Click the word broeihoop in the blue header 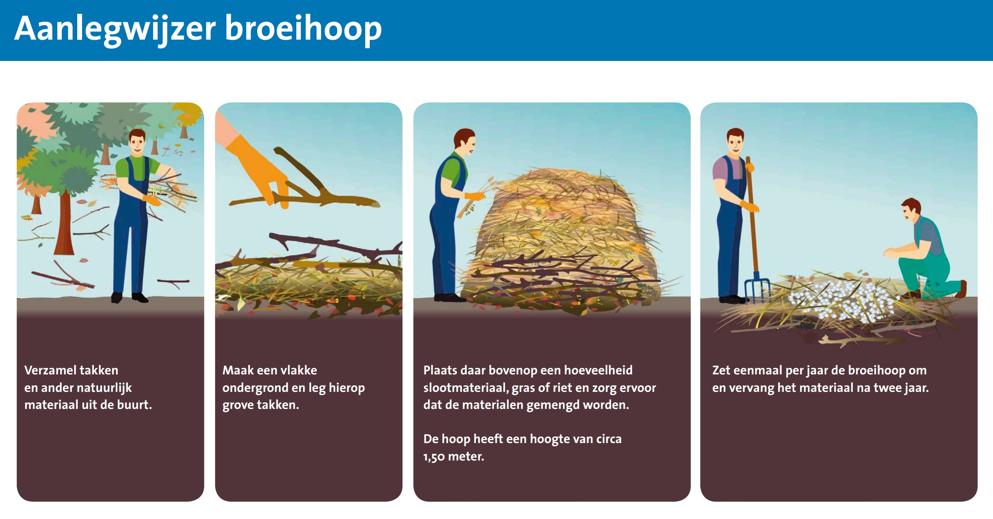303,28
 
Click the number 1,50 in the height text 434,457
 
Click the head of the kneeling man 913,209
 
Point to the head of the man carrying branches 137,141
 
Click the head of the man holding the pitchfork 735,141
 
